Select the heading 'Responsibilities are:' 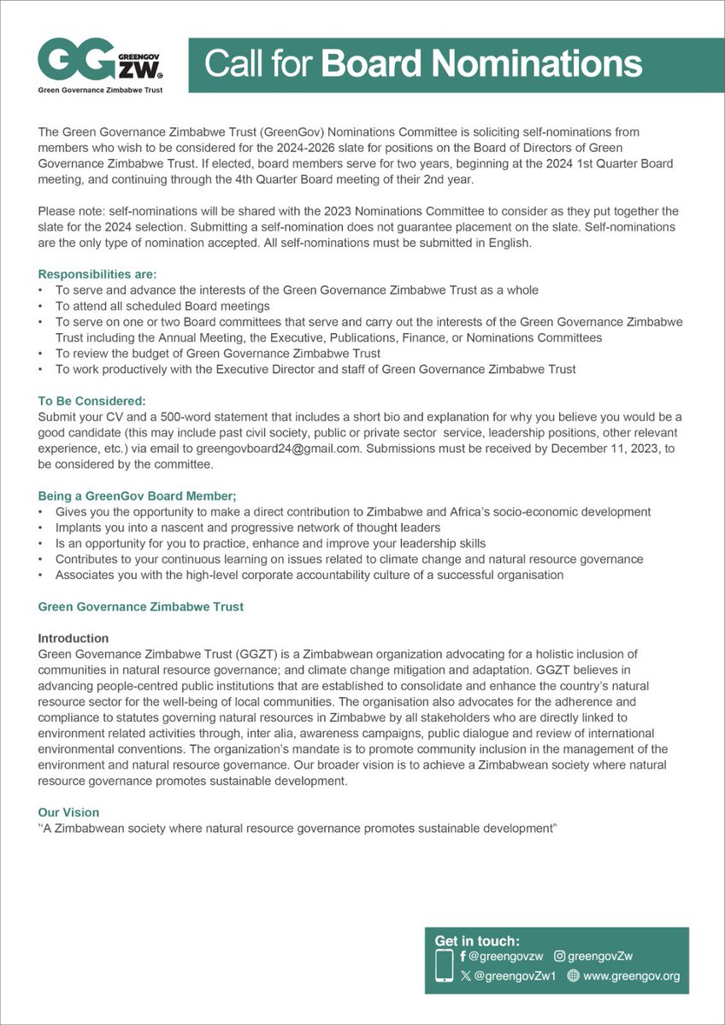97,275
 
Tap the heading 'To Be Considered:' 92,400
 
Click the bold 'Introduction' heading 74,638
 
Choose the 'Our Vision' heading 68,811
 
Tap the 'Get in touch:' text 477,940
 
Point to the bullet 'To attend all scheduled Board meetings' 162,306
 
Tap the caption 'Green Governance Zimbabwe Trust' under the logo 101,89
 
